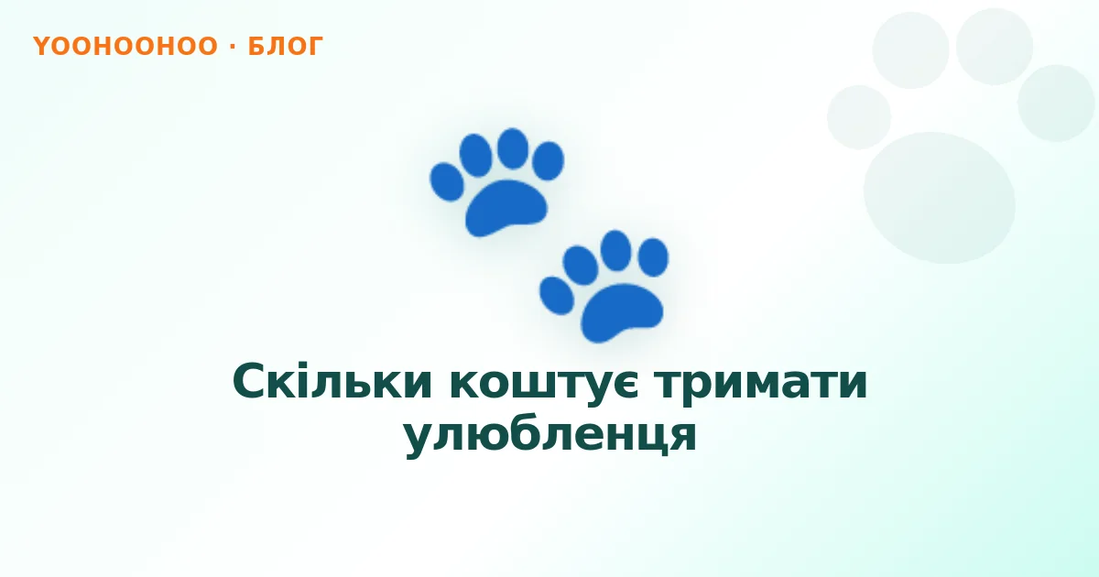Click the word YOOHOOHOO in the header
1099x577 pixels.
point(125,46)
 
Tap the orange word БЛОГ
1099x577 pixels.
point(285,46)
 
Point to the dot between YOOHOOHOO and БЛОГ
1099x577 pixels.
point(233,46)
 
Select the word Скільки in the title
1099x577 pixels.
point(332,382)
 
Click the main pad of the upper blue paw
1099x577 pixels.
point(506,208)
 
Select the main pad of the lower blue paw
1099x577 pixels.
point(622,312)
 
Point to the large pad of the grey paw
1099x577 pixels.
point(939,198)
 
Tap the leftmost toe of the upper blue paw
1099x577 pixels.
point(447,182)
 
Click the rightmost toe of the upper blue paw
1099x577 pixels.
point(548,160)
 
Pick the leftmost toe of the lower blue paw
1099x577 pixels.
point(557,295)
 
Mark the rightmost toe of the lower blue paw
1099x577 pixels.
point(653,257)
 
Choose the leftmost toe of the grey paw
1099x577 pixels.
point(859,117)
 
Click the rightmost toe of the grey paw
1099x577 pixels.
point(1056,103)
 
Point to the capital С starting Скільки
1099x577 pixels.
point(251,382)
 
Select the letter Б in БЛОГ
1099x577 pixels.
point(256,46)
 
